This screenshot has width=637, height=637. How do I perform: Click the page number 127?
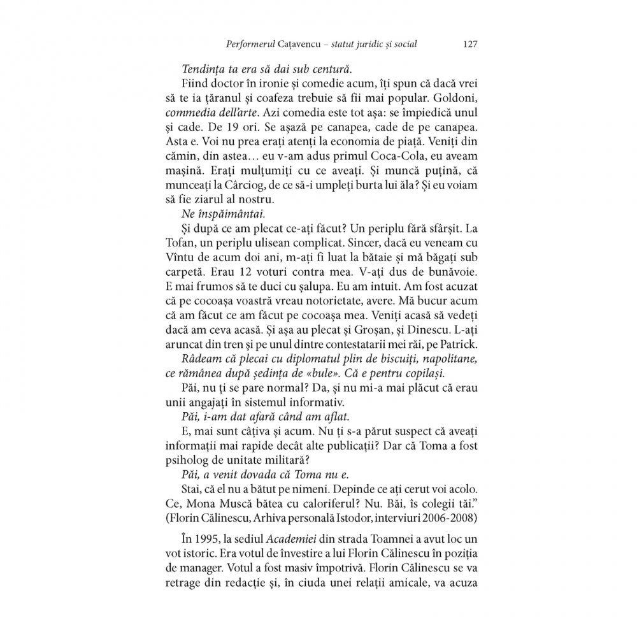point(471,45)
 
